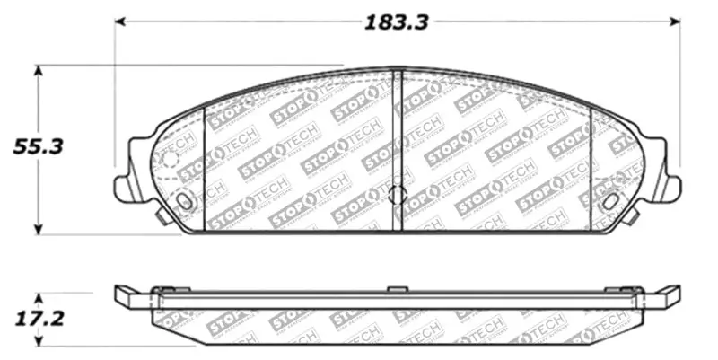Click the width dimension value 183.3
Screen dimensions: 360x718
(x=396, y=22)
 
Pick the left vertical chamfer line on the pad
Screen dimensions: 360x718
(x=206, y=166)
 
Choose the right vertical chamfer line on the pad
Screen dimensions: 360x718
(x=590, y=166)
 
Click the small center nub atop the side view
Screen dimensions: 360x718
(x=397, y=289)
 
